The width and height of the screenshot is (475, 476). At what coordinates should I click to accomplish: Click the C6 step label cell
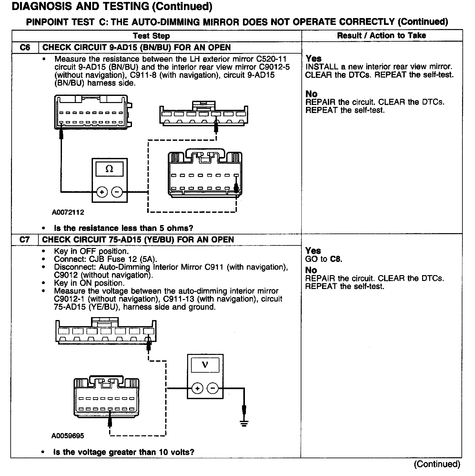point(25,47)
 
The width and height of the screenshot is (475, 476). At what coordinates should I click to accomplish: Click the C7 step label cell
point(25,240)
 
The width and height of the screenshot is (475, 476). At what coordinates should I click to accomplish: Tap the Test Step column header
point(151,36)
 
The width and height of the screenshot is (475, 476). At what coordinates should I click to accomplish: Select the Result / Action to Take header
point(381,36)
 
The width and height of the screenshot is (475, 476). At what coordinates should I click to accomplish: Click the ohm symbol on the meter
point(109,169)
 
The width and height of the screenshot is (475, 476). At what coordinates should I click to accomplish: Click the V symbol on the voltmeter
point(205,365)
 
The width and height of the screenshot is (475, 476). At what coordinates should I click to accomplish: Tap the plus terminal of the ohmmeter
point(102,192)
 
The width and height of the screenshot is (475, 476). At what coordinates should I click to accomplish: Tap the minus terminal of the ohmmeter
point(117,192)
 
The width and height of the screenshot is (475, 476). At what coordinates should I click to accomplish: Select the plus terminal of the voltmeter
point(197,388)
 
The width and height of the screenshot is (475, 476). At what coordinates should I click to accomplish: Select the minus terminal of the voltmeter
point(212,388)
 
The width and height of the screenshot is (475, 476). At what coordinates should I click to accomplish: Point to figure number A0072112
point(68,212)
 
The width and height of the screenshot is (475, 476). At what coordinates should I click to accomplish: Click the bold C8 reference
point(336,259)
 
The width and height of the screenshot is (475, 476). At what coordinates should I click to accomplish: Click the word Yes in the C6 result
point(314,58)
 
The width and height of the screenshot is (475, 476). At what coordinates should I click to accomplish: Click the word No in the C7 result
point(311,270)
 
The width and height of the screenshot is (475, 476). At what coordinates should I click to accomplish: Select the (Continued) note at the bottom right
point(437,464)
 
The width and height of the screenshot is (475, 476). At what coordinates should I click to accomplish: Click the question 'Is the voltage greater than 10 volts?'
point(124,452)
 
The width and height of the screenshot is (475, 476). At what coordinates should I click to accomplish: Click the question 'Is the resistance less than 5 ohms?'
point(124,228)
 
